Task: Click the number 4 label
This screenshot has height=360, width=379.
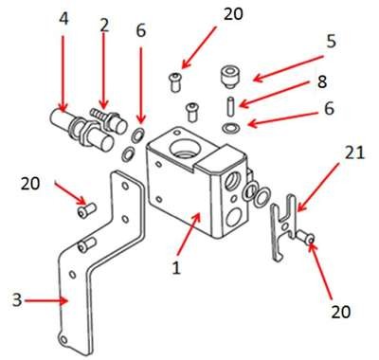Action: (x=63, y=19)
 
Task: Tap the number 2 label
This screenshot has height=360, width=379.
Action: (x=104, y=26)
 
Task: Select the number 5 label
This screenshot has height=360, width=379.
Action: (x=331, y=42)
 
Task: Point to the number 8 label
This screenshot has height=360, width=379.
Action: (x=322, y=81)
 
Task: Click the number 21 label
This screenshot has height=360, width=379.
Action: (x=354, y=153)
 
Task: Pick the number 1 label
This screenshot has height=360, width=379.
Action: (x=176, y=268)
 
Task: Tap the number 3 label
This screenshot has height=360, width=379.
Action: (x=17, y=299)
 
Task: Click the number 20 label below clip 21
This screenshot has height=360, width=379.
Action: (x=341, y=312)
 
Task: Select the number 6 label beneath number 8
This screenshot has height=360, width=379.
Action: (x=329, y=109)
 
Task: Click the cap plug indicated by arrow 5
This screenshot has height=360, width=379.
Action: (x=229, y=77)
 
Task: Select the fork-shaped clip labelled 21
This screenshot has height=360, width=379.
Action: (x=283, y=226)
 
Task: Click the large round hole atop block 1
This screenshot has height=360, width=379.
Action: (x=185, y=148)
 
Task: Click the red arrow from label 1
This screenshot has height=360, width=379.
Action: (x=189, y=233)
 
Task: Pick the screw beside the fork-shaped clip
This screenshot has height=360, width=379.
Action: (x=305, y=237)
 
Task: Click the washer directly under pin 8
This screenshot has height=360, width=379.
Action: (x=231, y=128)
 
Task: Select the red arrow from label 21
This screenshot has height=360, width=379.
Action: (x=318, y=187)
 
